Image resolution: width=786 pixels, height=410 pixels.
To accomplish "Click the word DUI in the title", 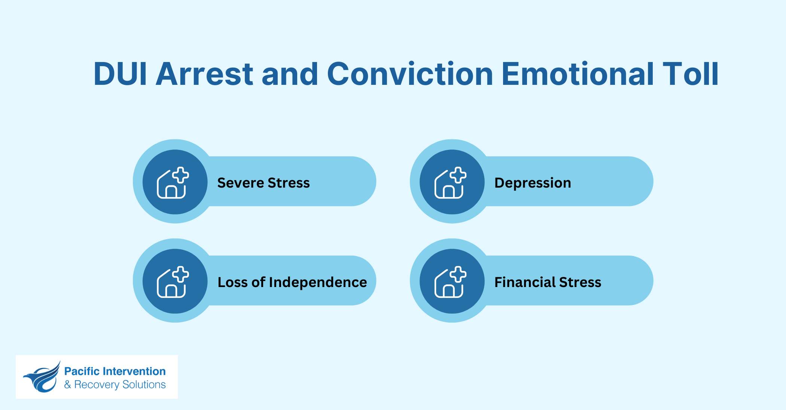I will click(121, 74).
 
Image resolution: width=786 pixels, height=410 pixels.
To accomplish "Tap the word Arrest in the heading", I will click(204, 74).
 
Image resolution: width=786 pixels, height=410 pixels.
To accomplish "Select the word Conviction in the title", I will click(410, 74).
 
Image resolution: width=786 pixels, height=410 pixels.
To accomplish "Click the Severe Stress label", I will click(263, 183).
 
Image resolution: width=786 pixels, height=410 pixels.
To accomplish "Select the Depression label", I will click(533, 183).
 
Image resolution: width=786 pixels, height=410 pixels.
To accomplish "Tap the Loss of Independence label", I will click(292, 282).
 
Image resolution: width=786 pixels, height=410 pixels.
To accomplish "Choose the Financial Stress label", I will click(548, 282).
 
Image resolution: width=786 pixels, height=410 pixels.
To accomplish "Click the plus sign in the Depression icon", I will click(458, 175).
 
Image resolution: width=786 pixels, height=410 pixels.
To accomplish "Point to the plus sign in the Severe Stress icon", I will click(181, 175).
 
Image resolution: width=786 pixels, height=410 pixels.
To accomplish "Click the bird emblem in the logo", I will click(42, 377).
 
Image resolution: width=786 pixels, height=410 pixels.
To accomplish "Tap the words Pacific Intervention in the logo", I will click(115, 371).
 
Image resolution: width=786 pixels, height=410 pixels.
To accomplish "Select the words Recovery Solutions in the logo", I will click(120, 385).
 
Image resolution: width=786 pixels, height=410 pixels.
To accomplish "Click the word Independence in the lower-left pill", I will click(318, 282).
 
